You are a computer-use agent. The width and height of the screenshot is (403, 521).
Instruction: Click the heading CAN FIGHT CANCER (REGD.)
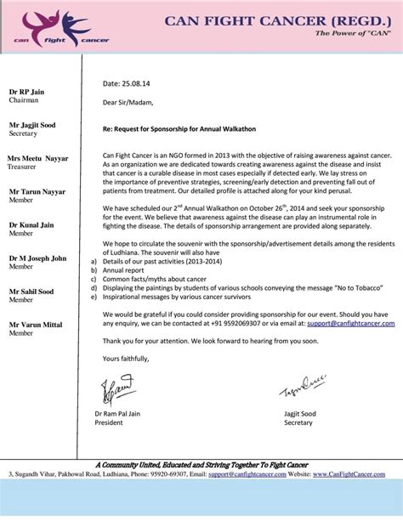click(278, 20)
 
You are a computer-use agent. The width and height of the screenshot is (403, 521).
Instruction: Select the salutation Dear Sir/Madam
click(128, 103)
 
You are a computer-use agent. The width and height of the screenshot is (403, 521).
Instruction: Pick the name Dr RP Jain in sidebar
click(28, 91)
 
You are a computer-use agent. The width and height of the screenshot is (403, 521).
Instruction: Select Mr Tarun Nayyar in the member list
click(37, 191)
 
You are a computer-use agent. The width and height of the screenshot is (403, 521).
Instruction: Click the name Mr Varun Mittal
click(37, 324)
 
